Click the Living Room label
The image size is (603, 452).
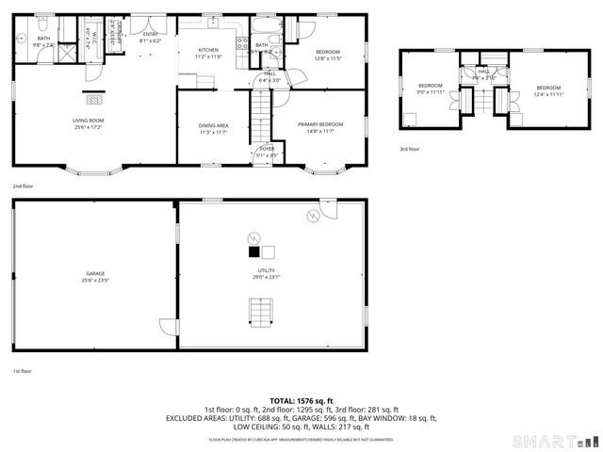tap(88, 123)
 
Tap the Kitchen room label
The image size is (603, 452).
tap(208, 54)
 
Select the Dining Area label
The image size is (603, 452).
tap(214, 128)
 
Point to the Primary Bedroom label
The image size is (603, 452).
tap(319, 128)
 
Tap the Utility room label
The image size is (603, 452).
tap(266, 273)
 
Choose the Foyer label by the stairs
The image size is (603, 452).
tap(267, 151)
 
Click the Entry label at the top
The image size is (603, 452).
tap(151, 38)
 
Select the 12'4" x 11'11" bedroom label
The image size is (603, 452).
tap(548, 90)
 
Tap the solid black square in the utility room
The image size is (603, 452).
tap(253, 252)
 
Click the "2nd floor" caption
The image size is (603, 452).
tap(24, 186)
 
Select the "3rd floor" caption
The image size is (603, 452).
tap(409, 149)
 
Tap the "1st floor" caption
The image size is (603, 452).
tap(23, 372)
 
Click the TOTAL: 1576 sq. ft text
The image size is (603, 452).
tap(301, 400)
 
